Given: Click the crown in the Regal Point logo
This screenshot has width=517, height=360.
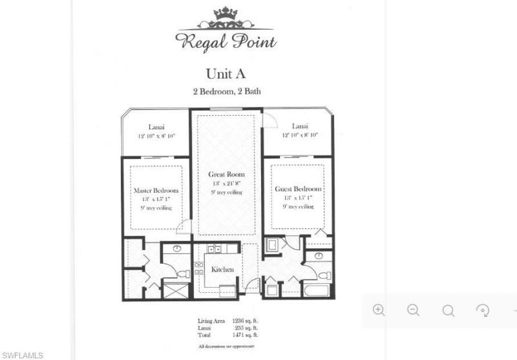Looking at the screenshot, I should click(x=226, y=14).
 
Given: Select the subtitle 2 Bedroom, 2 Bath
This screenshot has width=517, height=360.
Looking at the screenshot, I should click(x=227, y=92).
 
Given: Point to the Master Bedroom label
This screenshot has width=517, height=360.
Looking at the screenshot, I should click(x=156, y=191).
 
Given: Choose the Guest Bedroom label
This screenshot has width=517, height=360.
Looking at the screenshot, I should click(x=297, y=188).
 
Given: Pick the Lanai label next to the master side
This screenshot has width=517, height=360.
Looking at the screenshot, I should click(x=156, y=127).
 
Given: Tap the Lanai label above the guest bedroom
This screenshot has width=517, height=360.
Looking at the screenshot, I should click(x=299, y=126).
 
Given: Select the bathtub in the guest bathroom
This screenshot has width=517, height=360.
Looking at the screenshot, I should click(x=317, y=290).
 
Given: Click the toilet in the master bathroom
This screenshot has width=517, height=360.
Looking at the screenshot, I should click(x=184, y=274).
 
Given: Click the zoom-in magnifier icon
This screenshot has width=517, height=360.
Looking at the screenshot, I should click(x=379, y=310).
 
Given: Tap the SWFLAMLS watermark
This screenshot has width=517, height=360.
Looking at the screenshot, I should click(x=23, y=355).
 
